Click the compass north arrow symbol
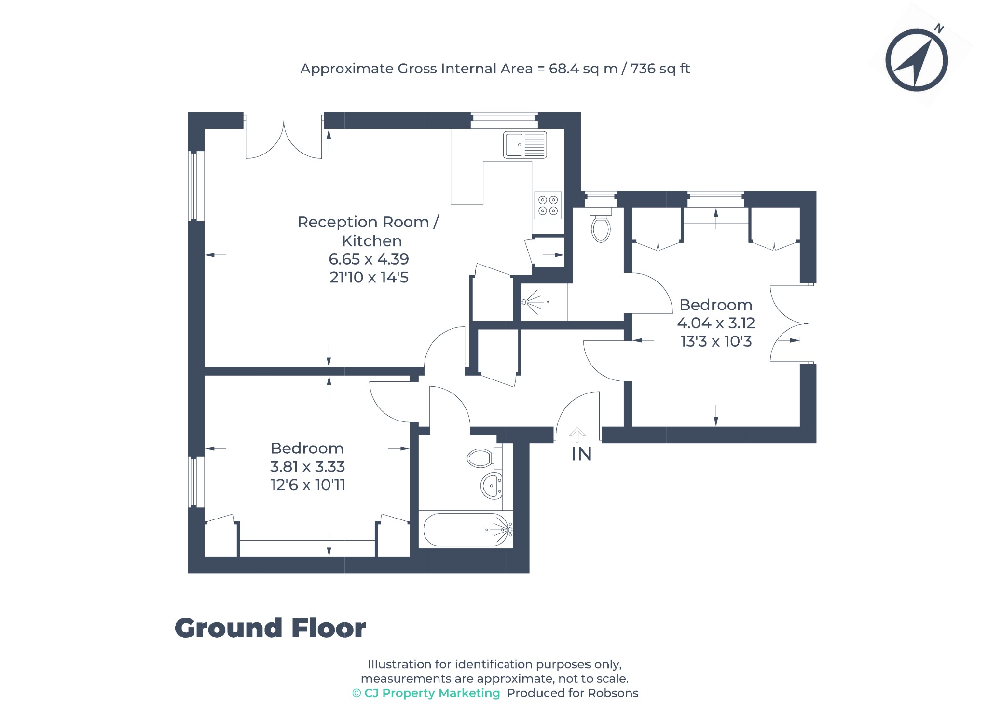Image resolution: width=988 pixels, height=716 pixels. pyautogui.click(x=917, y=60)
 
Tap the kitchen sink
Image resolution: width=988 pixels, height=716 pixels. pyautogui.click(x=525, y=145)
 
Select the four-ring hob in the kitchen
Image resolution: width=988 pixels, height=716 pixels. pyautogui.click(x=548, y=205)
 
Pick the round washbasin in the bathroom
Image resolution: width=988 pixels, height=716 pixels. pyautogui.click(x=492, y=486)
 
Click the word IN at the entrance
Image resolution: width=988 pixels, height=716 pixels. pyautogui.click(x=581, y=454)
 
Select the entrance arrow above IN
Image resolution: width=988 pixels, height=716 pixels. pyautogui.click(x=577, y=435)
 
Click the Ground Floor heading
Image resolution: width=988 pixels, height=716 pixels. pyautogui.click(x=270, y=628)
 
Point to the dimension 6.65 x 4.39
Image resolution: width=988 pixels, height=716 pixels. pyautogui.click(x=369, y=259)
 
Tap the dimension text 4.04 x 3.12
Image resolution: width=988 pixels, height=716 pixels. pyautogui.click(x=716, y=323)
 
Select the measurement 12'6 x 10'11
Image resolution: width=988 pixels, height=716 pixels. pyautogui.click(x=308, y=485)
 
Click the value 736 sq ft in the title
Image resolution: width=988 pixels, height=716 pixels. pyautogui.click(x=660, y=69)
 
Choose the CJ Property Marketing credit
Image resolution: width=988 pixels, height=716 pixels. pyautogui.click(x=426, y=693)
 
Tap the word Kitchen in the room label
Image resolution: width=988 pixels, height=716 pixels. pyautogui.click(x=371, y=240)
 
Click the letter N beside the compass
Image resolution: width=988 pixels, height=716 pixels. pyautogui.click(x=938, y=28)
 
